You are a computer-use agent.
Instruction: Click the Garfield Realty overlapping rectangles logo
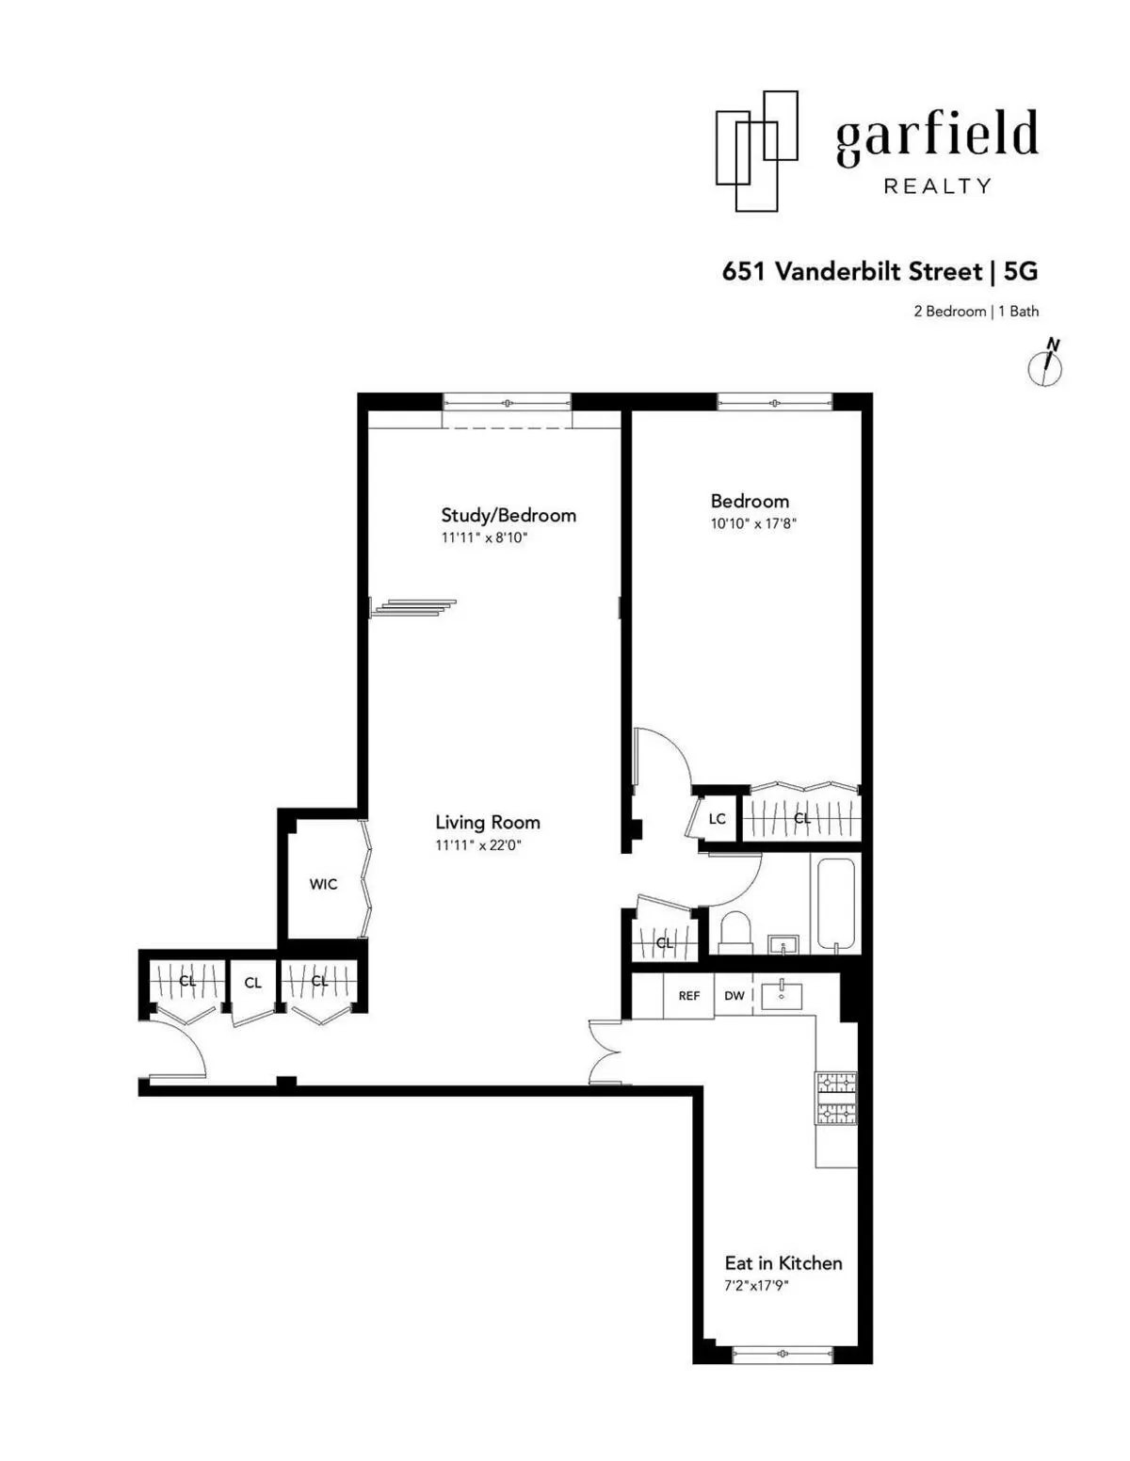coord(756,151)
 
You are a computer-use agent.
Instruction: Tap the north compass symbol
coord(1045,363)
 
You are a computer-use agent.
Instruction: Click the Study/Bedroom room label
coord(508,515)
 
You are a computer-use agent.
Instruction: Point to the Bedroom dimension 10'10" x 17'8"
coord(753,523)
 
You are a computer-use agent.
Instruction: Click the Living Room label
coord(487,822)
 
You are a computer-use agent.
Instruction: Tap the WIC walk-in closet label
coord(323,884)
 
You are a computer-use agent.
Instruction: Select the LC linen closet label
coord(717,818)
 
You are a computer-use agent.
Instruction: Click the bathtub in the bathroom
coord(835,904)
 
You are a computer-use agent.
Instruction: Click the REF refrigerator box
coord(688,995)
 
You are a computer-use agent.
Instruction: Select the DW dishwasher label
coord(734,995)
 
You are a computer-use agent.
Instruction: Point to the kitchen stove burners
coord(835,1099)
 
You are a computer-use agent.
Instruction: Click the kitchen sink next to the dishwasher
coord(782,991)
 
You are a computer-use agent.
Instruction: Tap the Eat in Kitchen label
coord(783,1263)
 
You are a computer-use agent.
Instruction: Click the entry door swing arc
coord(184,1045)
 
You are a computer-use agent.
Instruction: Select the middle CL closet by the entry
coord(252,983)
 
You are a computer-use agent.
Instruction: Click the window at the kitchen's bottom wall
coord(783,1355)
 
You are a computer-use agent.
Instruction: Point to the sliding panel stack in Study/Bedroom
coord(414,607)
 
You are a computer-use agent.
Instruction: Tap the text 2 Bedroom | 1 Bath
coord(976,312)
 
